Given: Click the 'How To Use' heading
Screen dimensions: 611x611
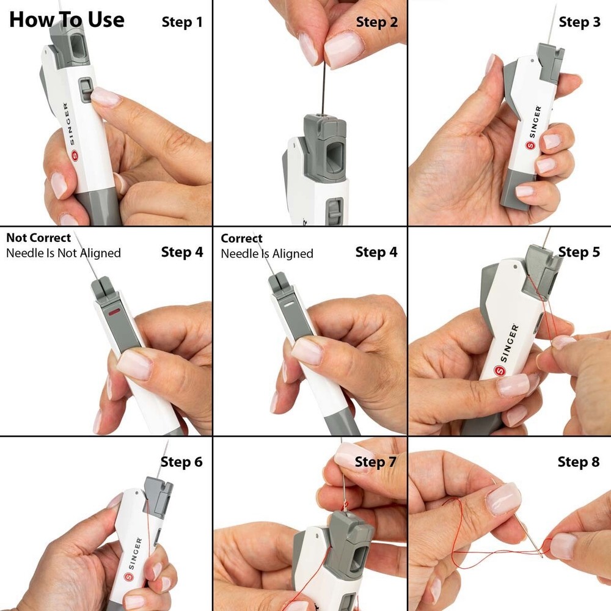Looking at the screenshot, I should (67, 20).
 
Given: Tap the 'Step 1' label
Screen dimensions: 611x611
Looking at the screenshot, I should (182, 23).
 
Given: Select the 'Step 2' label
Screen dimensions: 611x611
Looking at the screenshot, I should (376, 23).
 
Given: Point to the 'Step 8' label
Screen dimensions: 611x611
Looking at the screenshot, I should (578, 462).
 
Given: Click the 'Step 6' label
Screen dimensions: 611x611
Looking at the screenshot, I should (181, 462).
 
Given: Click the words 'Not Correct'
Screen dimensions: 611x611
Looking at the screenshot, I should (38, 238).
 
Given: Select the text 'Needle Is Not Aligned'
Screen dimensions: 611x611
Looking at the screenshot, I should (64, 253).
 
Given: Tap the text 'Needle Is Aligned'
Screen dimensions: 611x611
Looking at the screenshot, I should (267, 254).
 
